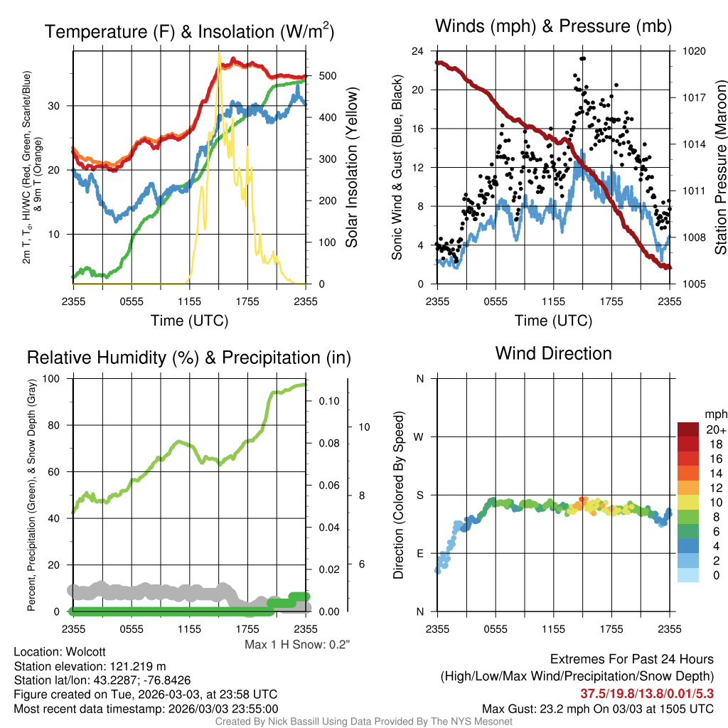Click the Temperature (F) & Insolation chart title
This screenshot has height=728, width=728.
[x=189, y=31]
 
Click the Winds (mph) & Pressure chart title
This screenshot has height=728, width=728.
[x=553, y=26]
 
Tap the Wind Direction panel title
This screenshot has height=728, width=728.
[x=553, y=353]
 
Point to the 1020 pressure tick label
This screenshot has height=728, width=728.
[x=694, y=51]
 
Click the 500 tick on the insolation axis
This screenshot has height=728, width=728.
[x=327, y=75]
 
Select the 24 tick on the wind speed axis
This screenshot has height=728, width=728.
[x=417, y=51]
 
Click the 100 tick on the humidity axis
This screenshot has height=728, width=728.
[x=51, y=378]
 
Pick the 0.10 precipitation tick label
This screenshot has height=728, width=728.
[x=328, y=401]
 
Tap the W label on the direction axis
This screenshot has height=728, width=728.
[x=419, y=437]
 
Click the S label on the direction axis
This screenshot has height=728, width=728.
[x=419, y=496]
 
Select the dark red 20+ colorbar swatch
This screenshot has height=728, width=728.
[x=688, y=429]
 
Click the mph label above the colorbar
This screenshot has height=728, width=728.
[x=716, y=414]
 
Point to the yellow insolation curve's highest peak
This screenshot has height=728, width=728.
[x=219, y=53]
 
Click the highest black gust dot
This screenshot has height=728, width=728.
[x=583, y=58]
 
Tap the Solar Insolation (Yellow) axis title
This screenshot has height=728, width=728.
[x=351, y=167]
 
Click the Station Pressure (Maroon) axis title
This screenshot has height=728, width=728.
[x=720, y=167]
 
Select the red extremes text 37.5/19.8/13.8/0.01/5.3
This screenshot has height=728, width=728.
[x=647, y=694]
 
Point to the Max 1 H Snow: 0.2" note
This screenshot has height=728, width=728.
[x=297, y=644]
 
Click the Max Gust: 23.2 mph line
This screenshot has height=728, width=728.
[x=597, y=709]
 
